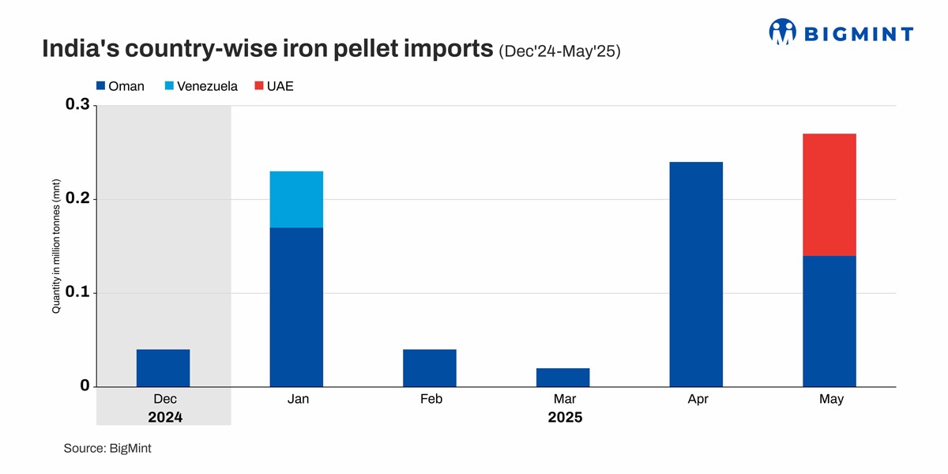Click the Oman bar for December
[163, 368]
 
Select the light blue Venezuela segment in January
[296, 199]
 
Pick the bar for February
[429, 368]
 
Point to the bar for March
[562, 378]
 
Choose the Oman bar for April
[696, 274]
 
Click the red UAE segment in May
[829, 194]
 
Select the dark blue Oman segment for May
[829, 321]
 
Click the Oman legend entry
[119, 86]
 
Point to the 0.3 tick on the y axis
[79, 106]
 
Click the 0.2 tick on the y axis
[79, 199]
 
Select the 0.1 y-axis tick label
[79, 293]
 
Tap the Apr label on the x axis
[697, 400]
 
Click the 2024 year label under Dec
[164, 417]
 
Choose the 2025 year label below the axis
[564, 417]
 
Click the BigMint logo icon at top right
[783, 32]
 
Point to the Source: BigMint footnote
[107, 448]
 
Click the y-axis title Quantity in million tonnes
[57, 246]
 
